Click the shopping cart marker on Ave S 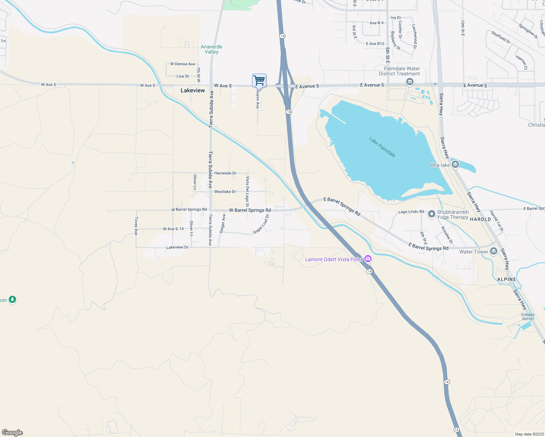click(259, 80)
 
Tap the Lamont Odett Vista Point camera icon click(368, 259)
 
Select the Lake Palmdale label click(382, 147)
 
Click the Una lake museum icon click(455, 165)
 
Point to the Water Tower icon click(494, 251)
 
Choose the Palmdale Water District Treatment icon click(409, 82)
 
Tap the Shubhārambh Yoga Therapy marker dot click(432, 214)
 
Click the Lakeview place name click(193, 90)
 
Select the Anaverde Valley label click(211, 49)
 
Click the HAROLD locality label click(480, 219)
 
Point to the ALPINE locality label click(507, 279)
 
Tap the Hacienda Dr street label click(225, 173)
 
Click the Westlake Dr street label click(225, 192)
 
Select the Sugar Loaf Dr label click(261, 224)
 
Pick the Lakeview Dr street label click(177, 247)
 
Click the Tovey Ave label click(136, 226)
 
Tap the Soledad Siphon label click(527, 316)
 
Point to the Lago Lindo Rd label click(411, 212)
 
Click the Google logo click(12, 433)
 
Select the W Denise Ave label click(183, 64)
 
